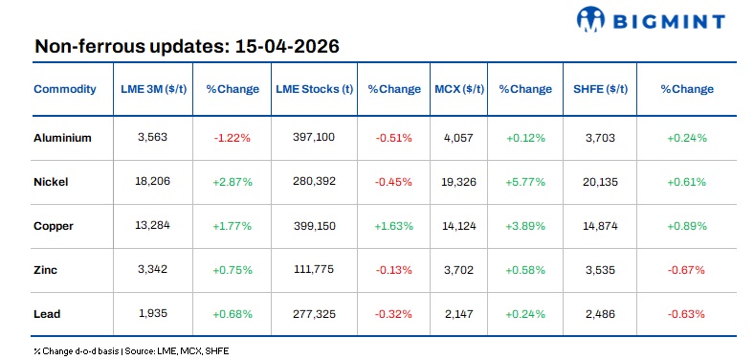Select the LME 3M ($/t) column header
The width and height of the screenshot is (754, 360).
pyautogui.click(x=152, y=89)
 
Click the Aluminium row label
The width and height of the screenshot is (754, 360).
pyautogui.click(x=62, y=137)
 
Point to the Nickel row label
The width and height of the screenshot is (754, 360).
pyautogui.click(x=52, y=181)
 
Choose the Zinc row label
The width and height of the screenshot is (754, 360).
pyautogui.click(x=46, y=269)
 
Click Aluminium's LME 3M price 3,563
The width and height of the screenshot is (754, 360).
pyautogui.click(x=152, y=137)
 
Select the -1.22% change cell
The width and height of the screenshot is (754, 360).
pyautogui.click(x=232, y=137)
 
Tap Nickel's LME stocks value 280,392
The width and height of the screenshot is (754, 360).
pyautogui.click(x=313, y=181)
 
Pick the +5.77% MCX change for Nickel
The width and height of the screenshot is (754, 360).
pyautogui.click(x=525, y=181)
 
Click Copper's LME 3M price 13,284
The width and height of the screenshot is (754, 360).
pyautogui.click(x=152, y=225)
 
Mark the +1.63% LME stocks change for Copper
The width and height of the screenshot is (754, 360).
pyautogui.click(x=394, y=225)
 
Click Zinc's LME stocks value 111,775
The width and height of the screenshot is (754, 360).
pyautogui.click(x=313, y=269)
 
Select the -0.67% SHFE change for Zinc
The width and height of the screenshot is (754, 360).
pyautogui.click(x=686, y=269)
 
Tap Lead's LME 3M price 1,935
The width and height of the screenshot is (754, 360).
pyautogui.click(x=152, y=313)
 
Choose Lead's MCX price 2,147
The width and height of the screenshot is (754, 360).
pyautogui.click(x=459, y=313)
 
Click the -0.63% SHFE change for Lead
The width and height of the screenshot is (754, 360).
pyautogui.click(x=686, y=313)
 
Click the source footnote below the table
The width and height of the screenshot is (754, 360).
pyautogui.click(x=132, y=350)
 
